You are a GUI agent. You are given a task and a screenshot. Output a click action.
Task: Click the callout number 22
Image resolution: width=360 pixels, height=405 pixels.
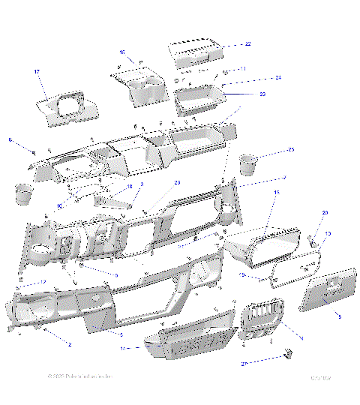coord(248,45)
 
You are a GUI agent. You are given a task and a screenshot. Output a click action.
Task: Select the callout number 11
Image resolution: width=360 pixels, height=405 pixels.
coord(243,68)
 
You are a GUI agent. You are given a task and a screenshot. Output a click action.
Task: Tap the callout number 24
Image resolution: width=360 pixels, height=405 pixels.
coord(256,78)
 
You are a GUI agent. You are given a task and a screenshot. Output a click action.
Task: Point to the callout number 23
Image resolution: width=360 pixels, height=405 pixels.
coord(241,94)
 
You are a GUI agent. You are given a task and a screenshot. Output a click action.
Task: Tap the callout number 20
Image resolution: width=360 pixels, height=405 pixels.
coord(325,214)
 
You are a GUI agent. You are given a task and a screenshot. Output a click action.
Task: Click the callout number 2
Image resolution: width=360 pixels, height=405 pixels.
coord(70,344)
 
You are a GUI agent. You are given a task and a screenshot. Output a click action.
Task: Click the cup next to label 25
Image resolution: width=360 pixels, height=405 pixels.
coord(248,163)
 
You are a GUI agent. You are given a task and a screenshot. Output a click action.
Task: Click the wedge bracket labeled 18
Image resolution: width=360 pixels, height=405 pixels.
coord(112,201)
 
